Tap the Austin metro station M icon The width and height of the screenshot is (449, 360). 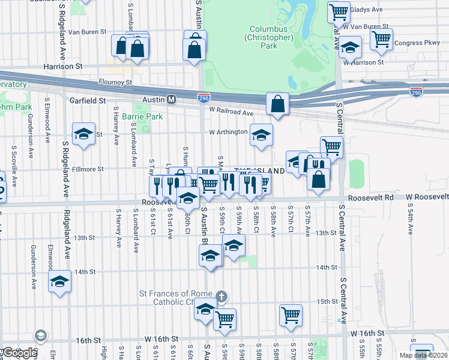coord(171,99)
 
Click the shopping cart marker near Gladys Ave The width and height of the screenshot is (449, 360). coord(339,11)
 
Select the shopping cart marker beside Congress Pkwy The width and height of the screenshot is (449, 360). coord(382,39)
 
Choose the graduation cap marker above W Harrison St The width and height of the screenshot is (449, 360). coord(350,47)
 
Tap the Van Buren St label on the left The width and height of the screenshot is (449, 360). coord(87,31)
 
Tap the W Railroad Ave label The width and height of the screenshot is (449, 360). coord(232,112)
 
